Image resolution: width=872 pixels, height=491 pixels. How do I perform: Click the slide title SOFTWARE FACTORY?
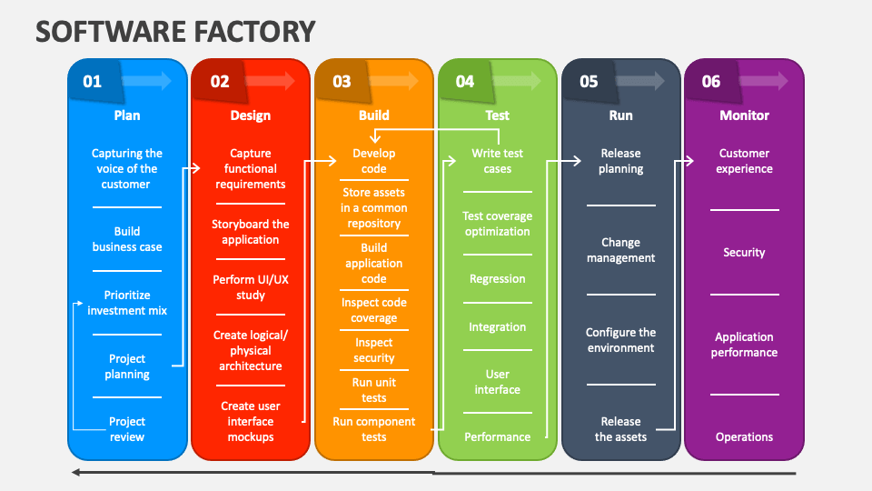tap(175, 31)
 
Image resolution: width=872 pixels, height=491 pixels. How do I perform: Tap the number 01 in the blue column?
tap(93, 82)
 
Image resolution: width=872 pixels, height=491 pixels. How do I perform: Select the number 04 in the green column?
tap(465, 82)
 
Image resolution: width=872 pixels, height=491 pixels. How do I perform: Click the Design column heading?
tap(251, 115)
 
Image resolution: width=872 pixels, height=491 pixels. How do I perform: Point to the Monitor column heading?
tap(744, 115)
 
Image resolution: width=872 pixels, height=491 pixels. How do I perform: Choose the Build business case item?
tap(127, 239)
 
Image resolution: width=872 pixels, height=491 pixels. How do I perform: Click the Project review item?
tap(127, 429)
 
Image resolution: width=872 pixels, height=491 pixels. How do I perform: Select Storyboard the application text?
tap(251, 232)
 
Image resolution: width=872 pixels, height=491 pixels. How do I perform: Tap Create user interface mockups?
tap(251, 422)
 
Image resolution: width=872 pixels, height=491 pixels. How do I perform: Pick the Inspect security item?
tap(374, 350)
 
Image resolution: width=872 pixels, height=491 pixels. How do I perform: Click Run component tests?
tap(374, 429)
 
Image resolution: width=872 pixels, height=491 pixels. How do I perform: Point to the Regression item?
tap(498, 279)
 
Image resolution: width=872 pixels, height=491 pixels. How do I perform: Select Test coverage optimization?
tap(498, 224)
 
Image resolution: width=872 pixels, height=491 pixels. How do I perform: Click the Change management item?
tap(621, 250)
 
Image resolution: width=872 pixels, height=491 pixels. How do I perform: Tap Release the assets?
tap(621, 429)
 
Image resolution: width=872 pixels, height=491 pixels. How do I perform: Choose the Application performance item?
tap(744, 345)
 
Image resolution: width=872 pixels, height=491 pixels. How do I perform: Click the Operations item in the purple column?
tap(744, 437)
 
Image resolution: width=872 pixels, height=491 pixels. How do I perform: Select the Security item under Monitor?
tap(744, 253)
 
